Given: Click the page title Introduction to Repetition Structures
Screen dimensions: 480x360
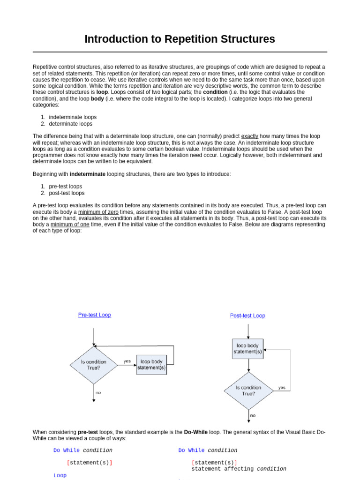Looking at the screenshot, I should tap(180, 39).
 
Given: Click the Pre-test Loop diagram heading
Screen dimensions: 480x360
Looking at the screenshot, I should tap(94, 315).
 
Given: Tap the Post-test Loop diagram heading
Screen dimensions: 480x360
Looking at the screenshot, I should tap(247, 315).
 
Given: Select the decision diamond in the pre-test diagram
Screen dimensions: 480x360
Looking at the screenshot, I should tap(94, 365).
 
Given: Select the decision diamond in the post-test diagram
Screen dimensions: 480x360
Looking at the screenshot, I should tap(248, 390).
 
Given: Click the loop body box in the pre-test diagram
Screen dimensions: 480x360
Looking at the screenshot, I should tap(151, 364).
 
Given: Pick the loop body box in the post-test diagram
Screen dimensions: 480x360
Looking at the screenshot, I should tap(248, 349).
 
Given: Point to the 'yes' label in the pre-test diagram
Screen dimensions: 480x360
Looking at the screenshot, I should tap(127, 361).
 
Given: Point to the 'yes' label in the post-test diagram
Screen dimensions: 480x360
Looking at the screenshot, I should tap(282, 388).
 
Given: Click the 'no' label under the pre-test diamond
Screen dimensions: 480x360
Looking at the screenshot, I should tap(98, 392).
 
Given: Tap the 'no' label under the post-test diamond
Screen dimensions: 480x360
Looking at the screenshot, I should tap(253, 415).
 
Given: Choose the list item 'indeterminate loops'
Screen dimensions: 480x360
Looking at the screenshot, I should tap(73, 117).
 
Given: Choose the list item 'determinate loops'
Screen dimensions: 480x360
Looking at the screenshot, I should tap(70, 124).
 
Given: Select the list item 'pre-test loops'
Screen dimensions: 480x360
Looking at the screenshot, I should tap(65, 186).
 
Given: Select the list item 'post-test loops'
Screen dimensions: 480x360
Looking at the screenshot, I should tap(67, 193).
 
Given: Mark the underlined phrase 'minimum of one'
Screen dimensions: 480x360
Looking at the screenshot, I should tap(70, 225).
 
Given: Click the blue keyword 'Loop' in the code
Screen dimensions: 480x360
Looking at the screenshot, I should tap(60, 475).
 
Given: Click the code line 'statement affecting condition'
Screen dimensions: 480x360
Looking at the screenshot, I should tap(239, 469).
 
